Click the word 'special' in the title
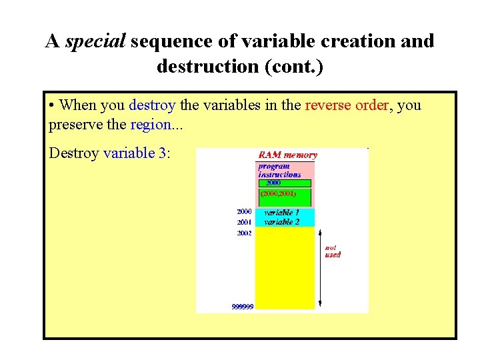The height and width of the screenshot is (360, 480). point(95,41)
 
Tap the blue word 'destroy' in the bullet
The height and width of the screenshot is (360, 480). point(152,105)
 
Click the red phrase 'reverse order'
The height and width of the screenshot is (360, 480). point(346,105)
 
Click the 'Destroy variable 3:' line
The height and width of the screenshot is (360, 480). point(110,153)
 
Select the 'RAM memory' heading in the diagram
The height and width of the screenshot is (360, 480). point(289,155)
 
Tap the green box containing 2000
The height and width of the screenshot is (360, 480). point(285,183)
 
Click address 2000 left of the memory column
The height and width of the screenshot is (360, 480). point(244,211)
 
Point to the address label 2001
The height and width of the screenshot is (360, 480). point(244,222)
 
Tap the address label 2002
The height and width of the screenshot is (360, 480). point(244,233)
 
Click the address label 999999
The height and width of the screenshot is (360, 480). point(242,307)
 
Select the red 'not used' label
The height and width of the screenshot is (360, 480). point(333,251)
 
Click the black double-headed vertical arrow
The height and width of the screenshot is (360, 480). point(321,267)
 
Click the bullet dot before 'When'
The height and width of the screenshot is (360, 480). point(52,106)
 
